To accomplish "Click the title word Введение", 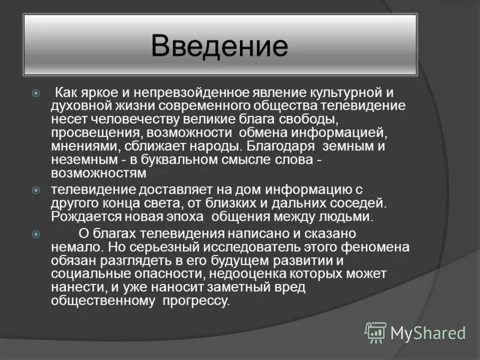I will pyautogui.click(x=220, y=46).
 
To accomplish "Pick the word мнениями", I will pyautogui.click(x=79, y=146).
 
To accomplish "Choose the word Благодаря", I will pyautogui.click(x=277, y=146).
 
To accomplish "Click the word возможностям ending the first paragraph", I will pyautogui.click(x=98, y=173).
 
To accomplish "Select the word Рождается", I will pyautogui.click(x=82, y=217).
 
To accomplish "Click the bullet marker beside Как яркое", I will pyautogui.click(x=35, y=94).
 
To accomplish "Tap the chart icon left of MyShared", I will pyautogui.click(x=376, y=332).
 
